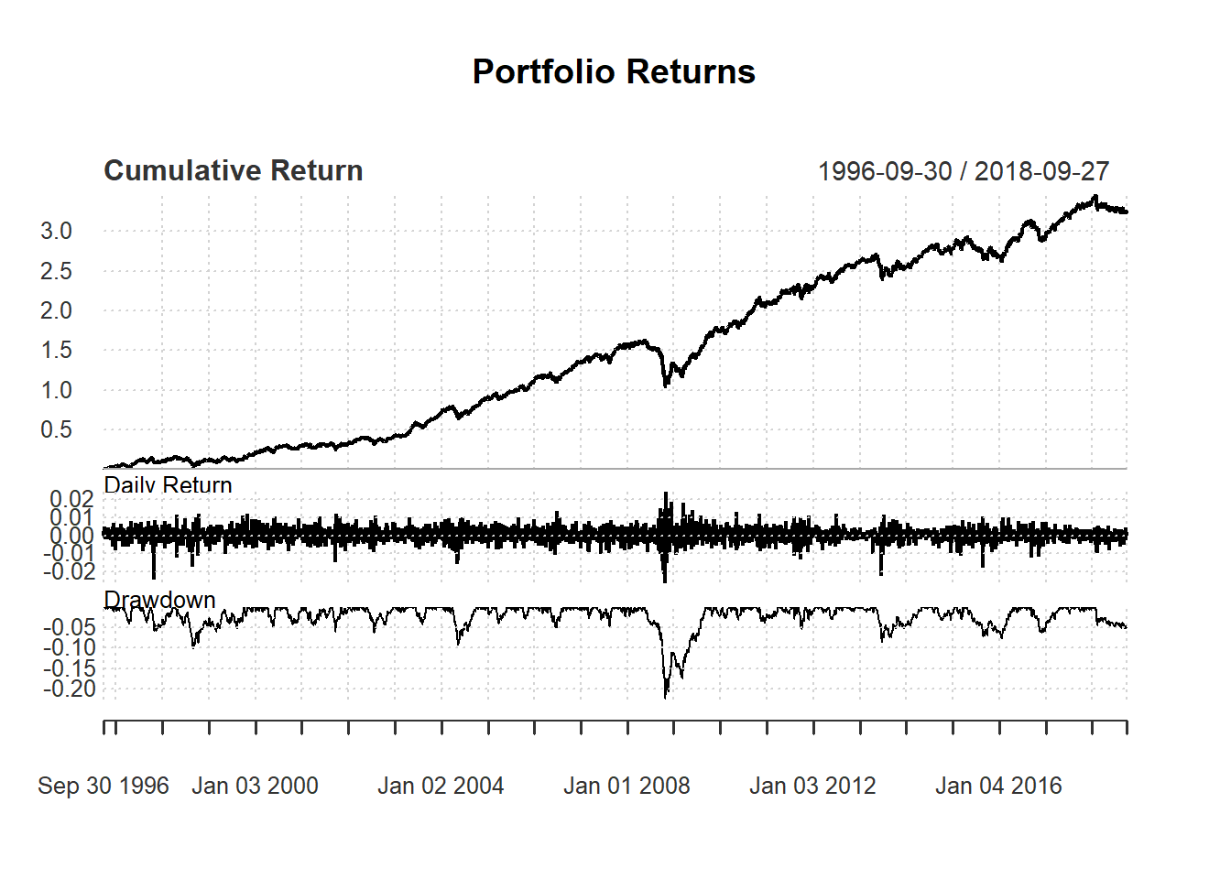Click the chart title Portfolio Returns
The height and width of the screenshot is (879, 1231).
614,71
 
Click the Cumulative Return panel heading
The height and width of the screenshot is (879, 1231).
234,170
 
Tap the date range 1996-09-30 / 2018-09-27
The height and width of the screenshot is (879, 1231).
963,171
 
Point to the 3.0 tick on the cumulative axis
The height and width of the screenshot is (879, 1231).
56,231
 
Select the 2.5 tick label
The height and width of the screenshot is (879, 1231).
56,271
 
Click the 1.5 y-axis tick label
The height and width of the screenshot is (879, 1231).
56,350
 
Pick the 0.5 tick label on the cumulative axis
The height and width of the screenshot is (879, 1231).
56,429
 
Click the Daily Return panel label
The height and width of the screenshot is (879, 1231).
168,484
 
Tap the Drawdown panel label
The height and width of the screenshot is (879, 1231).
159,600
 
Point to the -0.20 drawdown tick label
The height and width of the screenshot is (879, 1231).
69,689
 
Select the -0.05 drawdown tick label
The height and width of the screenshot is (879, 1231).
69,627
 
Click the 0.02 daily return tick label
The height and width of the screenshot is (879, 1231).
71,499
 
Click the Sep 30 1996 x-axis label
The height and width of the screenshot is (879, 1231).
103,786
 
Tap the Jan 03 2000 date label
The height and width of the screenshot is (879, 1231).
255,786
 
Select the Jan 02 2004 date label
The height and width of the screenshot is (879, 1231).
441,786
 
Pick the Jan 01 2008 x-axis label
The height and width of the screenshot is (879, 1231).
626,786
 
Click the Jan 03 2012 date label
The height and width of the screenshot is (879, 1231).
812,786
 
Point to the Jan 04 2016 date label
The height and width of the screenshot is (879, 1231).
998,786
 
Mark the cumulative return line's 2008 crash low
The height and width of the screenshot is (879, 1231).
666,385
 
